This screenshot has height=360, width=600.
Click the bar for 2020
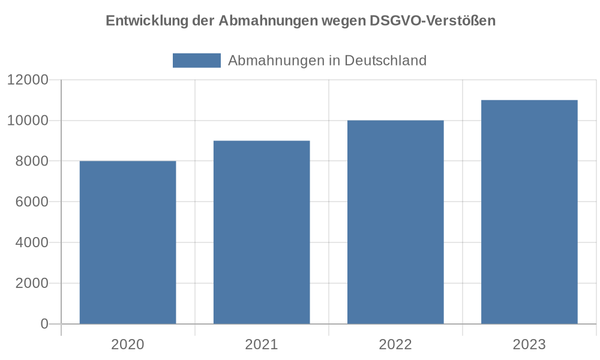(128, 242)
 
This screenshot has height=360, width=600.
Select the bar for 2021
(262, 232)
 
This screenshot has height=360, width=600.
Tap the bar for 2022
(395, 222)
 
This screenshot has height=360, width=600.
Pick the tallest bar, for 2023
(529, 212)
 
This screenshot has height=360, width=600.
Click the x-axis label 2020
(128, 344)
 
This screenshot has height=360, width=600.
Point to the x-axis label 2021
(262, 344)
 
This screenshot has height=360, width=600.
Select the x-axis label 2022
(395, 344)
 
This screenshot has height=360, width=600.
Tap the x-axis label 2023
(529, 344)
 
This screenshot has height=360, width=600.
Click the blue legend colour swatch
(197, 61)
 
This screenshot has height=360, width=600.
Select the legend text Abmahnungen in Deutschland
(327, 61)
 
